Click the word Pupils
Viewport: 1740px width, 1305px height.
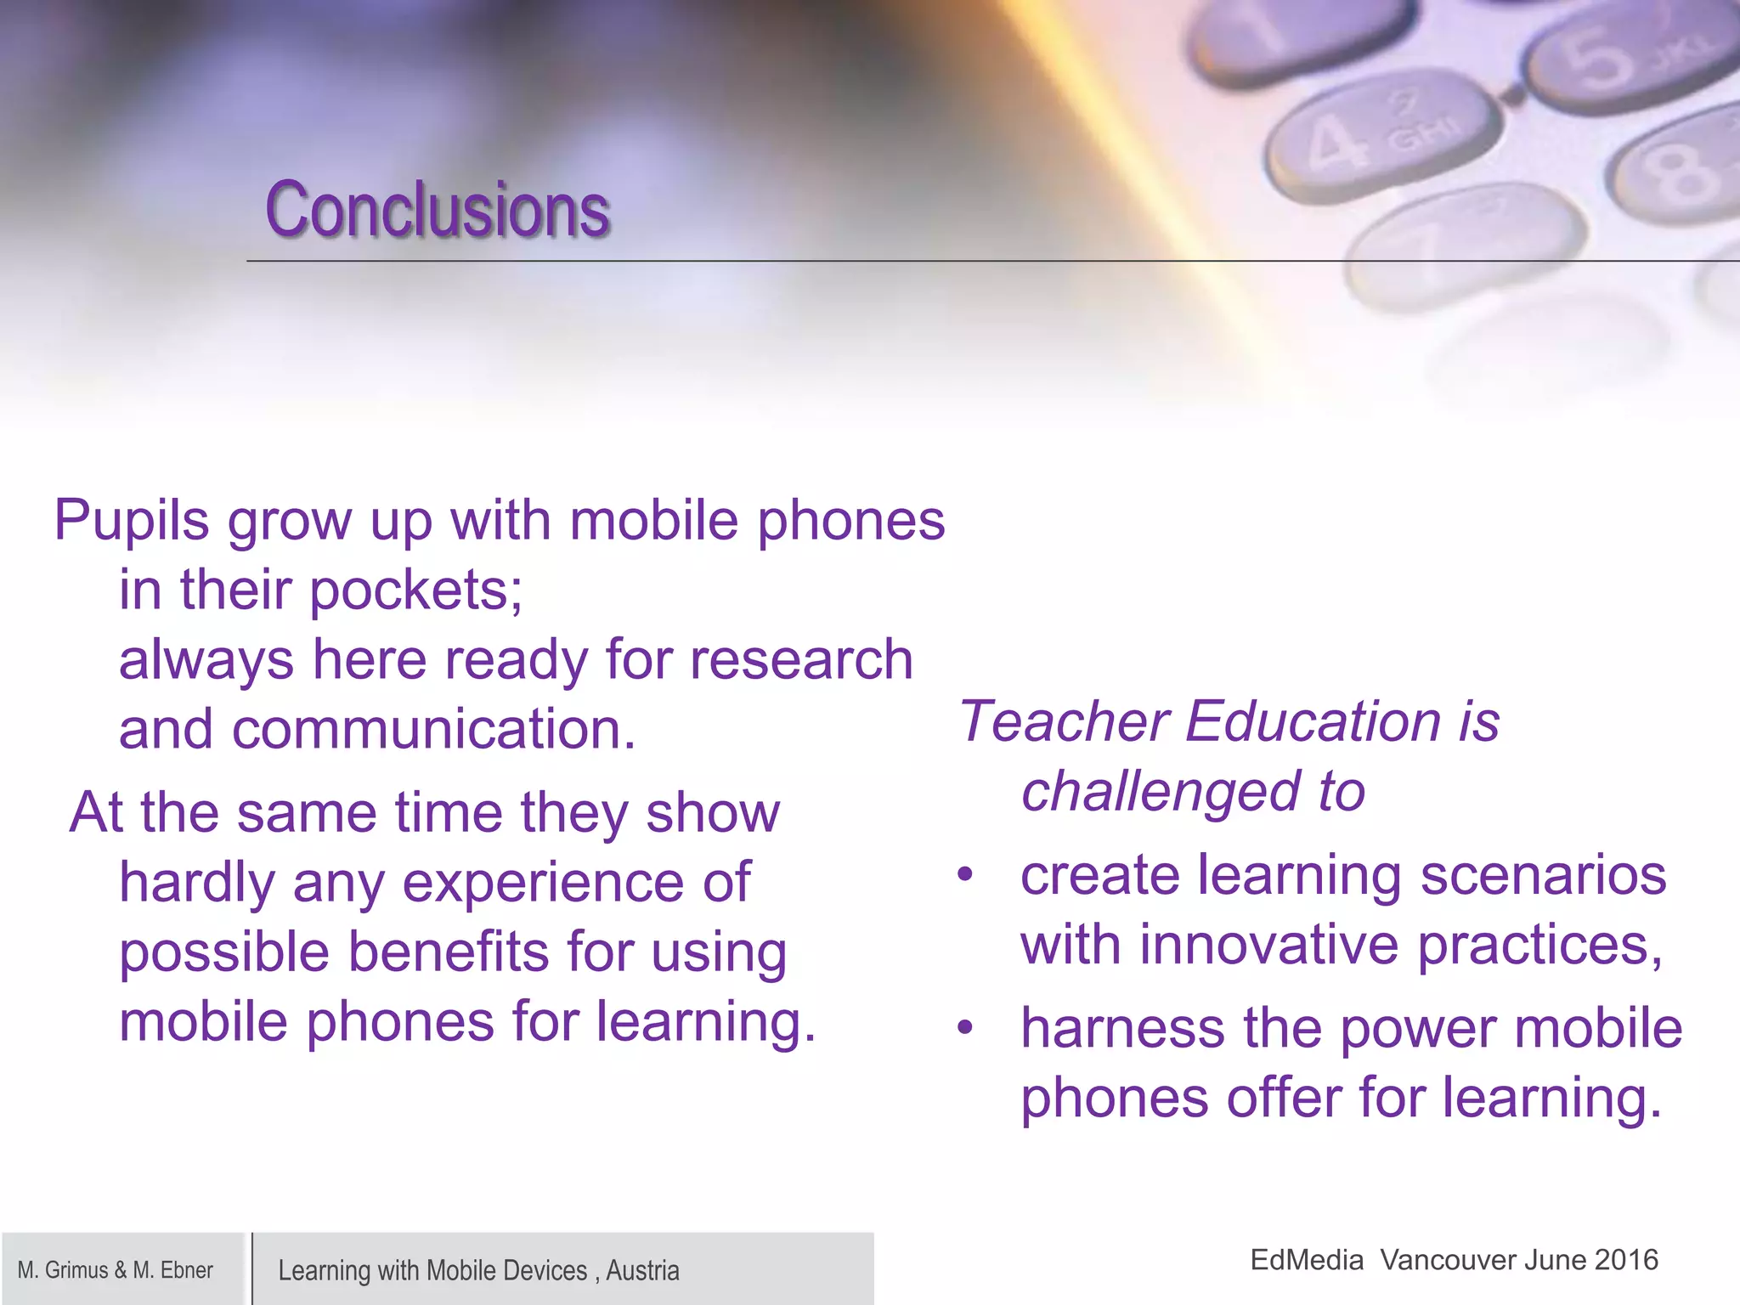pyautogui.click(x=131, y=520)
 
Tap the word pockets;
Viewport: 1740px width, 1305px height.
pyautogui.click(x=416, y=590)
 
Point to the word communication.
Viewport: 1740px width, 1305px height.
pyautogui.click(x=433, y=730)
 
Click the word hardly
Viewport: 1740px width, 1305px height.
pyautogui.click(x=197, y=883)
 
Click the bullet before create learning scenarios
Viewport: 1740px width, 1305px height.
pyautogui.click(x=964, y=875)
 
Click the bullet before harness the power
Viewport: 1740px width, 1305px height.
pyautogui.click(x=964, y=1028)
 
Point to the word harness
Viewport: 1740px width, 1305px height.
pyautogui.click(x=1122, y=1028)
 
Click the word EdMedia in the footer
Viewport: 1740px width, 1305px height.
pyautogui.click(x=1307, y=1260)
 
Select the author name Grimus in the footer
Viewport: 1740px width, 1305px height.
pyautogui.click(x=76, y=1270)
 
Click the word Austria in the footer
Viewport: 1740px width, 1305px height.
pyautogui.click(x=642, y=1271)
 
